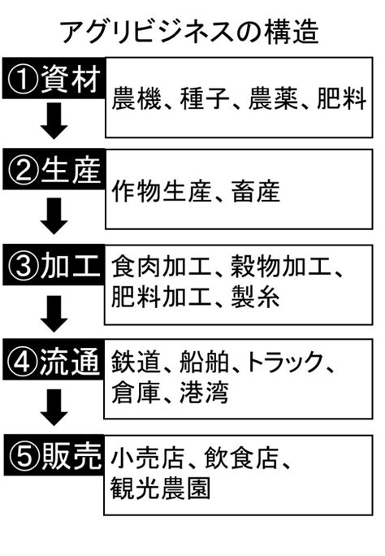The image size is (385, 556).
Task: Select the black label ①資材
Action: click(54, 78)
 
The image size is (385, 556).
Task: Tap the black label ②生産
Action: click(54, 170)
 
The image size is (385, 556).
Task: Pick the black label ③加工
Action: click(54, 265)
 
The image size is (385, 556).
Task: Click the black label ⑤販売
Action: click(54, 455)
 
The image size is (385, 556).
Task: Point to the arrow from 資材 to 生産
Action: click(54, 121)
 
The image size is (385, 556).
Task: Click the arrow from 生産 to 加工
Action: click(54, 216)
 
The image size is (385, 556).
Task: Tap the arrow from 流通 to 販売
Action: click(54, 407)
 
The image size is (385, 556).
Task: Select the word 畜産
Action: click(256, 191)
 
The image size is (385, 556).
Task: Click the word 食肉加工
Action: click(161, 267)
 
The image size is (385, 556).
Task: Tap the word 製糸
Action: click(256, 297)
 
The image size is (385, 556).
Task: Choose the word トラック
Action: click(284, 362)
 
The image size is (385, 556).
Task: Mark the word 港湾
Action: click(204, 392)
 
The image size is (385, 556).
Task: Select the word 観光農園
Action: click(160, 489)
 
